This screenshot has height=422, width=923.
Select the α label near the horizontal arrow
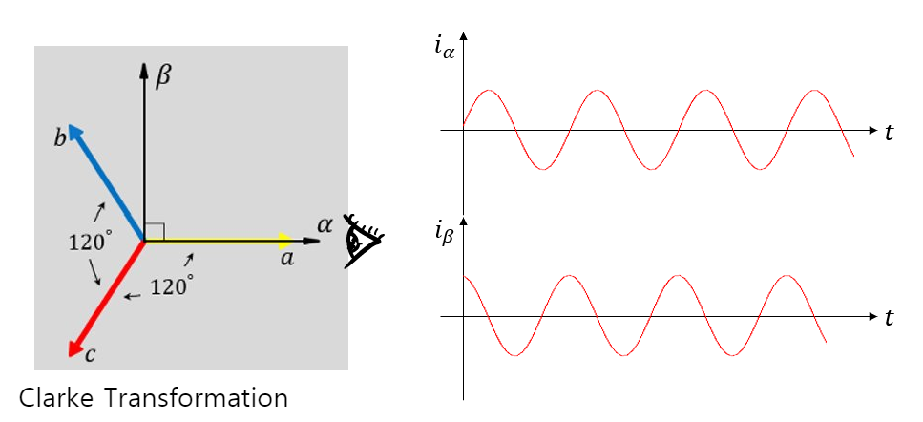tap(324, 225)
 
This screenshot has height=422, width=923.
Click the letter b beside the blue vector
tap(60, 140)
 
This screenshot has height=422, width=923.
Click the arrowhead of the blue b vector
tap(75, 132)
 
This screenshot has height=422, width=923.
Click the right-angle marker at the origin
tap(156, 230)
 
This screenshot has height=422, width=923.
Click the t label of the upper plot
tap(890, 134)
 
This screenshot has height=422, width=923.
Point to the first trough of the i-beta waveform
tap(515, 356)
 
